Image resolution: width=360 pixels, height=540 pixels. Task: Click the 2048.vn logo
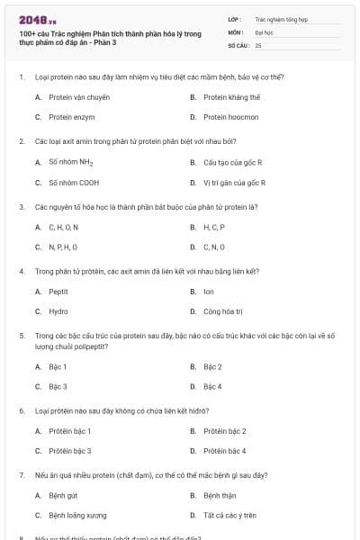pyautogui.click(x=32, y=20)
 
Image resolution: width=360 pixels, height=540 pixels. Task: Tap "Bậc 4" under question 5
pyautogui.click(x=212, y=386)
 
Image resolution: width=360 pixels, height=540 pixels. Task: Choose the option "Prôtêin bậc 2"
pyautogui.click(x=224, y=431)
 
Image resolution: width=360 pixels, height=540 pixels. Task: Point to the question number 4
pyautogui.click(x=22, y=271)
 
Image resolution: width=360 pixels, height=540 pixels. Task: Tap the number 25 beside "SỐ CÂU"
pyautogui.click(x=258, y=44)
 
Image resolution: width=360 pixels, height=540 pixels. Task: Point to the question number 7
pyautogui.click(x=22, y=475)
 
